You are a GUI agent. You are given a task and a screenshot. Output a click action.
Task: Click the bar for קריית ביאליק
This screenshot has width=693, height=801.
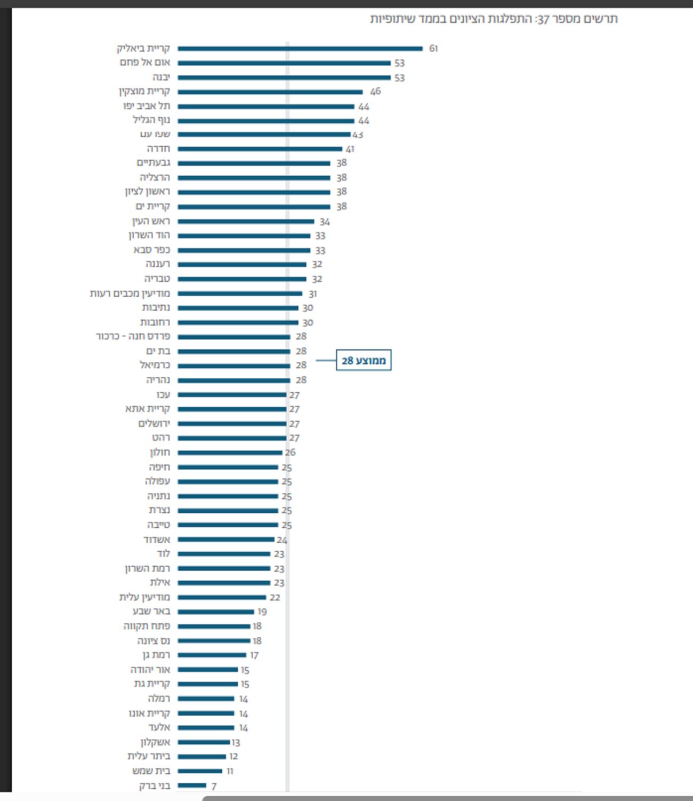[300, 49]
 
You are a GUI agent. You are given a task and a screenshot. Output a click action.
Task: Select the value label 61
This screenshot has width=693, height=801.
[433, 49]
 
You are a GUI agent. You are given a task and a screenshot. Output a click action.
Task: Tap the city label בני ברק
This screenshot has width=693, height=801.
[155, 786]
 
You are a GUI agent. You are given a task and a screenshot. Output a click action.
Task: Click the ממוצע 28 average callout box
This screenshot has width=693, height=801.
[364, 360]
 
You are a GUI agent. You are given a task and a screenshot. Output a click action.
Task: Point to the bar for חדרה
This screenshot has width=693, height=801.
[260, 149]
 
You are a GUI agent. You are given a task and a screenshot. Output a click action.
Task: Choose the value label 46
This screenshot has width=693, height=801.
[375, 91]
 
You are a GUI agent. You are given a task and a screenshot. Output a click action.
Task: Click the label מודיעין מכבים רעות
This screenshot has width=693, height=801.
[130, 294]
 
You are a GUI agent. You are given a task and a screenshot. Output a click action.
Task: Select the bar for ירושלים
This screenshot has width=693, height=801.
[232, 424]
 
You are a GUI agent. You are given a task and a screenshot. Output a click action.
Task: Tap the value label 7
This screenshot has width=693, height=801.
[214, 786]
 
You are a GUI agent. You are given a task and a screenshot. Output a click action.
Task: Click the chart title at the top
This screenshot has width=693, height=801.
[494, 19]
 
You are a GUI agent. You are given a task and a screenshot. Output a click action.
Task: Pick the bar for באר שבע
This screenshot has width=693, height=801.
[216, 612]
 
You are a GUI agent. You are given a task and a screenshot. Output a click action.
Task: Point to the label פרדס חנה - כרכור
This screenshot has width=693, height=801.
[133, 336]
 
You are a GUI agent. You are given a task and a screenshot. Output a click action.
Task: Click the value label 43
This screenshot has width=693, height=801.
[358, 134]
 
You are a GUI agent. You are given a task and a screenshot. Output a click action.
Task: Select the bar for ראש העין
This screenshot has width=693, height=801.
[246, 221]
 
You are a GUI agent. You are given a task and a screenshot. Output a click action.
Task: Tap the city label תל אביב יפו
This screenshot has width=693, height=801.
[147, 106]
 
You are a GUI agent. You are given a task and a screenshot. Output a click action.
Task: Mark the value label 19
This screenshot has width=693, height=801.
[262, 612]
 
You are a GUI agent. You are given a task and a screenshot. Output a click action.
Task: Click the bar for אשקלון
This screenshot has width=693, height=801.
[204, 742]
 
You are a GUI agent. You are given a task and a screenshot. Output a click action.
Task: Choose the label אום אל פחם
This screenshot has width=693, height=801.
[145, 62]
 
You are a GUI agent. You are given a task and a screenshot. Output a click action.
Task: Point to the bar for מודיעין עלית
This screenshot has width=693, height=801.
[222, 597]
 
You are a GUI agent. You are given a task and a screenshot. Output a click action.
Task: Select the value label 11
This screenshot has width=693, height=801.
[230, 771]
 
